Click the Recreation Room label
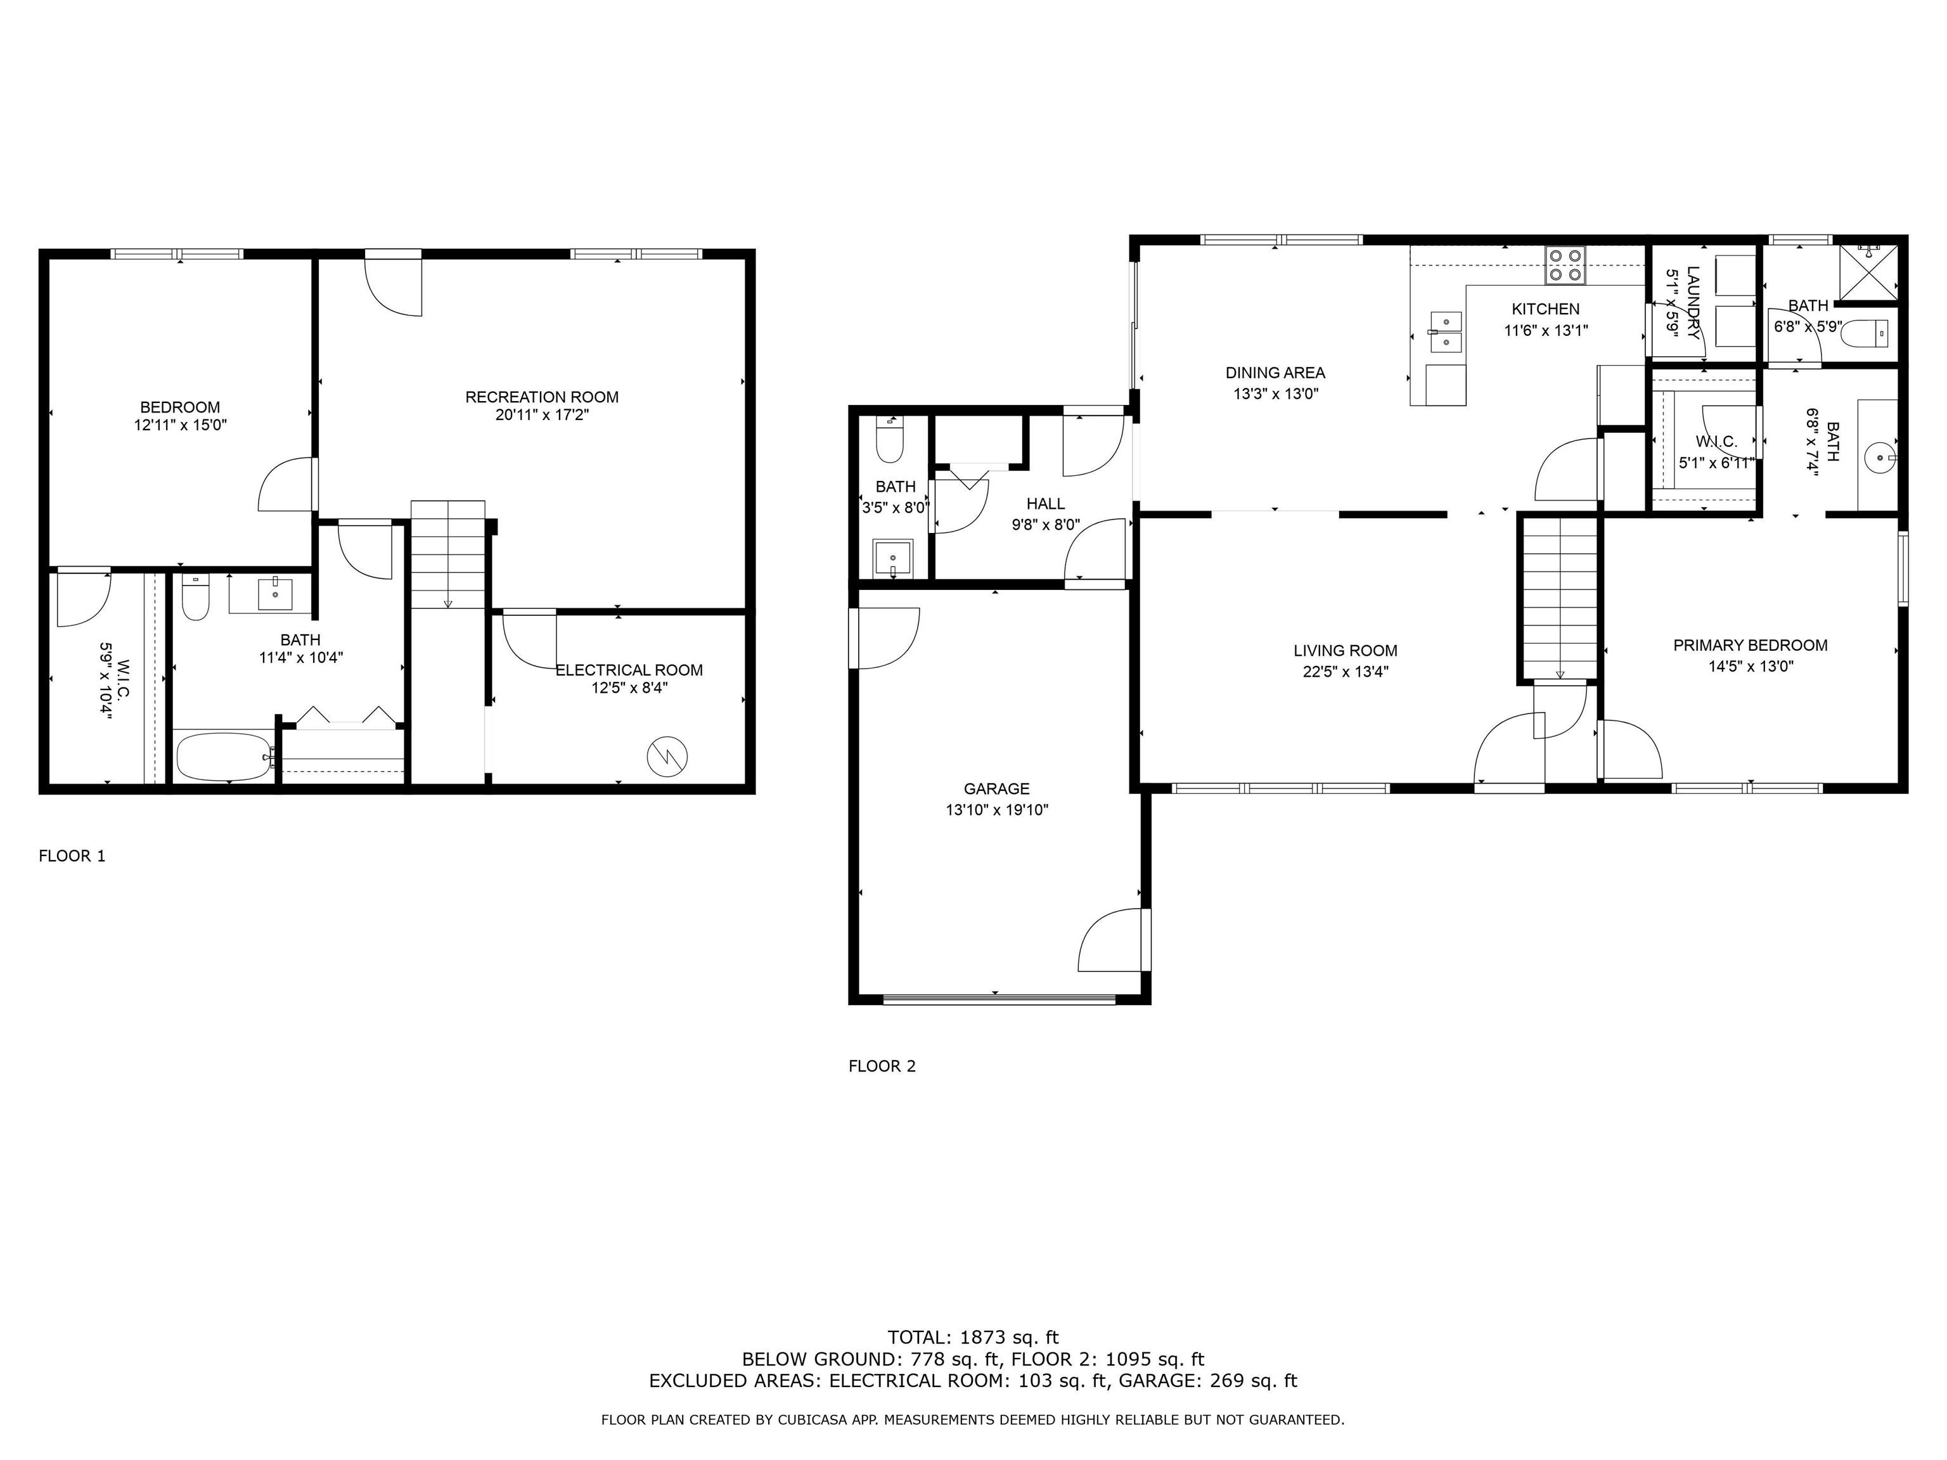pos(541,397)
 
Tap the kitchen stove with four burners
pos(1565,265)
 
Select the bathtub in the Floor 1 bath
pos(224,756)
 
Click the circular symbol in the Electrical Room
pos(666,756)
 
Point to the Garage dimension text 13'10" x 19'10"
pos(996,810)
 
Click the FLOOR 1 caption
pos(72,855)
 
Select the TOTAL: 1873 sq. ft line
pos(973,1338)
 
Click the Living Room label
pos(1345,650)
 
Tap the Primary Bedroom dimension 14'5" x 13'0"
pos(1751,666)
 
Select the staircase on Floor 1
pos(448,554)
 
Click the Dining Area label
pos(1275,372)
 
